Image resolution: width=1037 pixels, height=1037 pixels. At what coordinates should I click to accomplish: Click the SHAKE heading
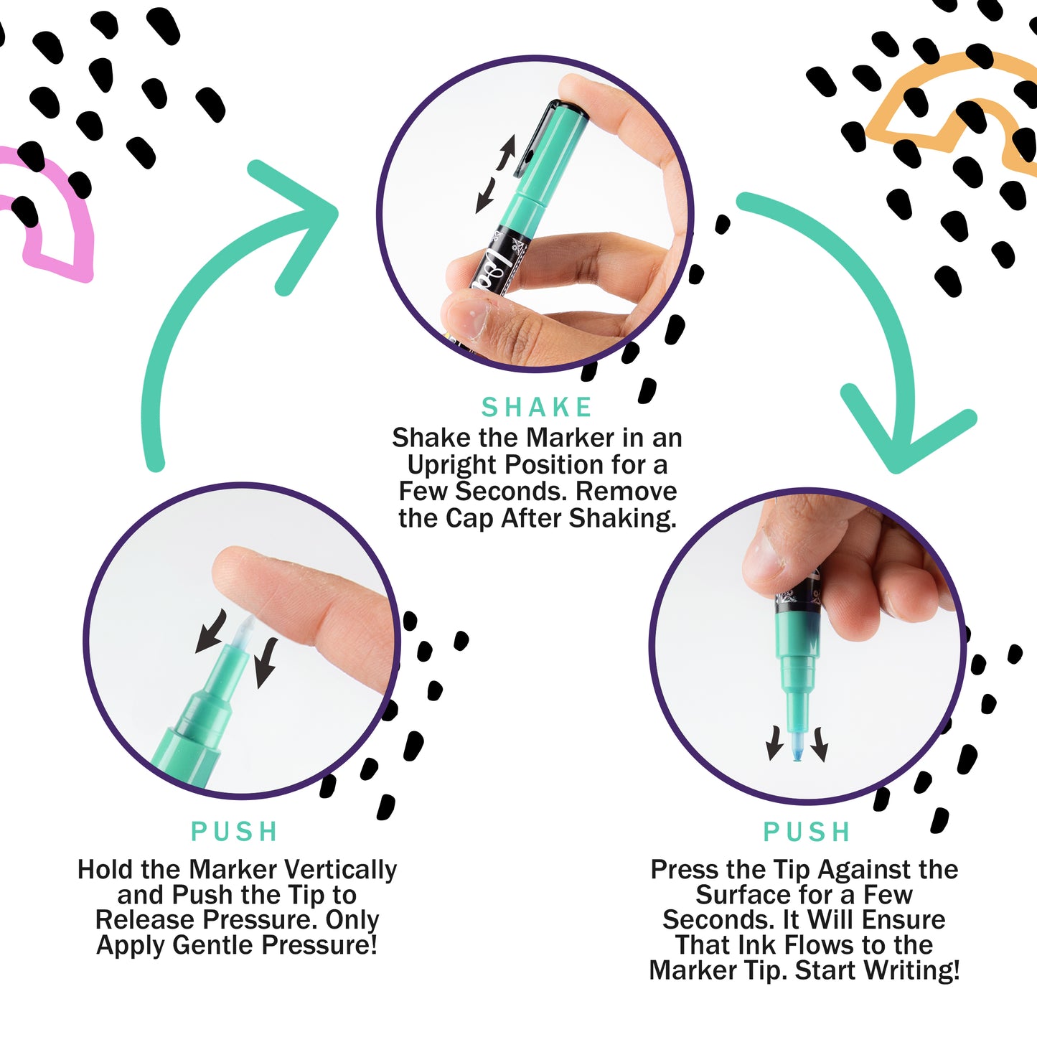pyautogui.click(x=537, y=408)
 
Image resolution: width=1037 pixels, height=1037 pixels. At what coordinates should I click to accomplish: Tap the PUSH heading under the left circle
pyautogui.click(x=235, y=832)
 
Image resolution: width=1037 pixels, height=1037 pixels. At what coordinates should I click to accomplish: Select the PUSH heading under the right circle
pyautogui.click(x=807, y=832)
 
